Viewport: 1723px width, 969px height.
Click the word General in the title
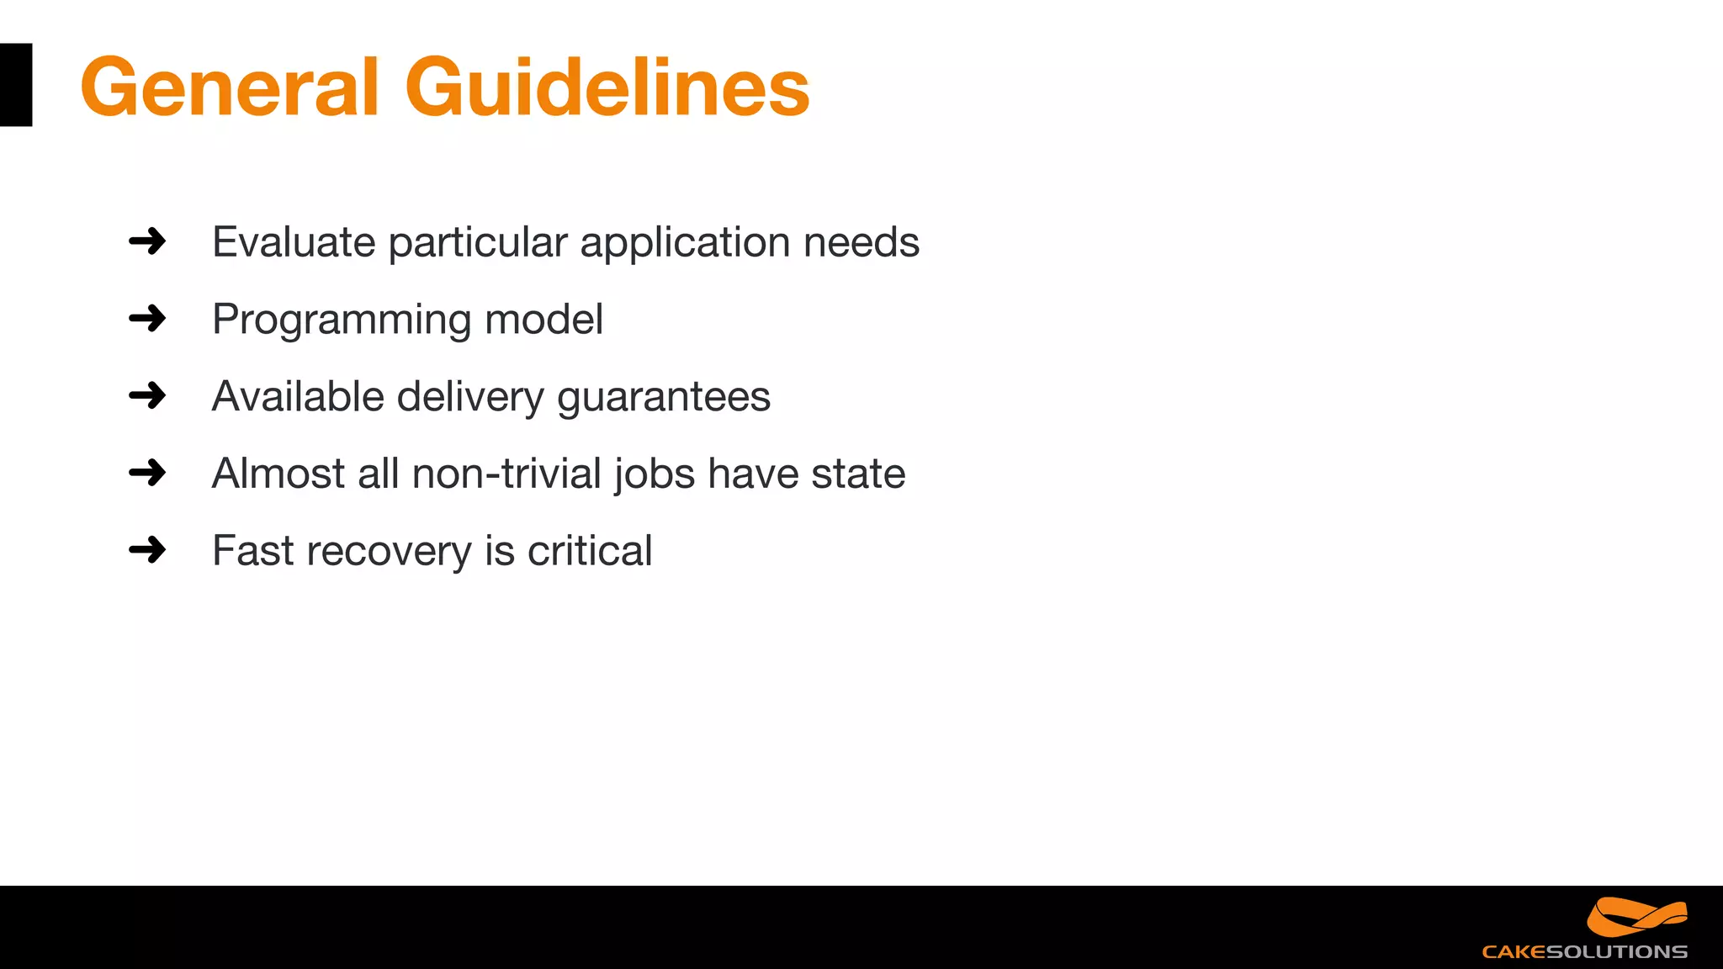click(230, 87)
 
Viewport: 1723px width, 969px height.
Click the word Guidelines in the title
click(607, 87)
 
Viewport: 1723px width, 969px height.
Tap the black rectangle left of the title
click(15, 85)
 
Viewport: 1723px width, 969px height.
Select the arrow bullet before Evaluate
click(147, 241)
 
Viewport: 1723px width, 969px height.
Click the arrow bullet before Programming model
click(147, 319)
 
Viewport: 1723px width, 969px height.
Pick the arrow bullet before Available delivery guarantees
click(147, 395)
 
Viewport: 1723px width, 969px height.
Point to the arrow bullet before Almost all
click(147, 473)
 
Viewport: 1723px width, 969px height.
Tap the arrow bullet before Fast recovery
click(147, 550)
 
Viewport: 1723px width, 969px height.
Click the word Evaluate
click(294, 242)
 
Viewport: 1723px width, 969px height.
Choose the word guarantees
click(664, 398)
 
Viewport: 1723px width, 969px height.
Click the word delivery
click(470, 398)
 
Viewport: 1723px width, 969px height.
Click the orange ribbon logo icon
click(1636, 917)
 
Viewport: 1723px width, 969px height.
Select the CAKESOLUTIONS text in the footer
click(1584, 952)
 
